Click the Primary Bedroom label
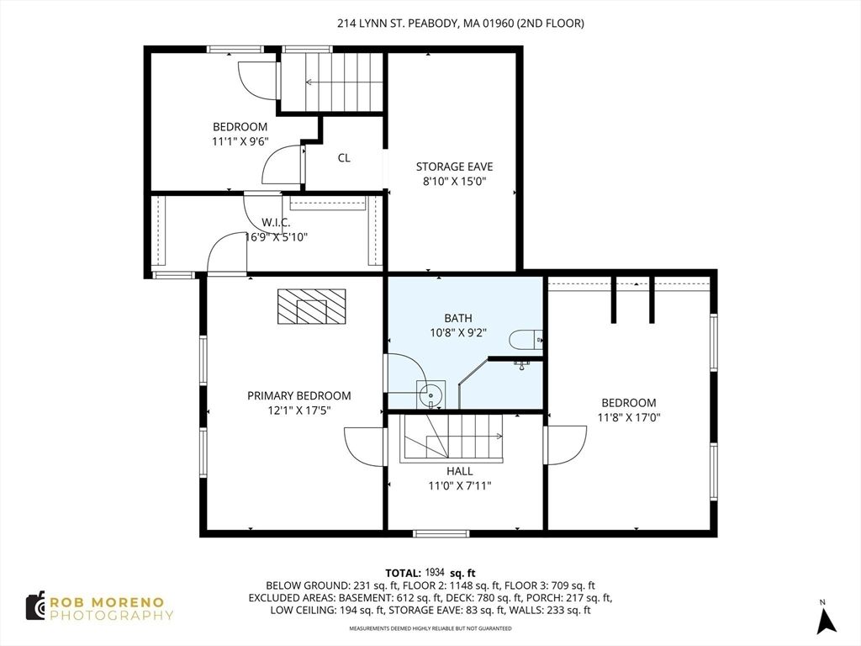pos(298,395)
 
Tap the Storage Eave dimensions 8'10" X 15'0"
pos(455,182)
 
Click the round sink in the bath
pos(431,394)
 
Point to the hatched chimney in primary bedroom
pos(311,306)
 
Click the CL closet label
pos(344,158)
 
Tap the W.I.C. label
pos(276,222)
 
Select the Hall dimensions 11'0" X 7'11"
pos(460,485)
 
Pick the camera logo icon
pos(35,606)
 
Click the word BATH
pos(458,318)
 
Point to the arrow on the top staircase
pos(344,82)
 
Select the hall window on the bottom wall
pos(441,533)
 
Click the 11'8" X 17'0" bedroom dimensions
pos(629,417)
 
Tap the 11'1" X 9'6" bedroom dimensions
pos(240,141)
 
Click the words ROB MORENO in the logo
pos(107,602)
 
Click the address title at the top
pos(461,23)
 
